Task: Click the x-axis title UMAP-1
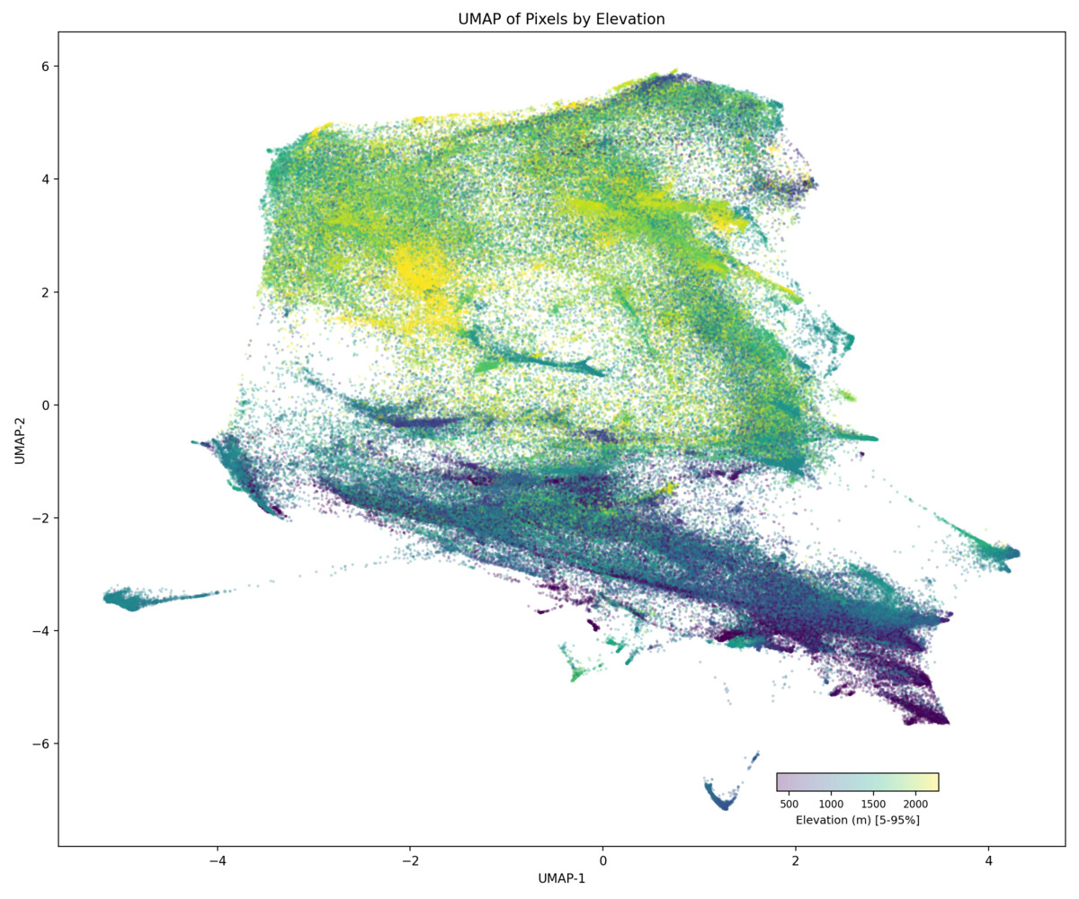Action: click(x=561, y=877)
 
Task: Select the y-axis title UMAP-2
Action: click(x=19, y=439)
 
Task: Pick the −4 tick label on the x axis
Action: click(x=217, y=860)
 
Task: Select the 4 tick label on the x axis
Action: click(x=988, y=860)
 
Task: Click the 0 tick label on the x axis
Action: click(x=602, y=860)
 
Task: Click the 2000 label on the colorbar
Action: click(x=915, y=803)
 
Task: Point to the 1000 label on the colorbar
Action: click(x=832, y=803)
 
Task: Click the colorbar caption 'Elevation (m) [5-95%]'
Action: click(x=857, y=820)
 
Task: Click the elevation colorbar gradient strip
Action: click(x=857, y=782)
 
